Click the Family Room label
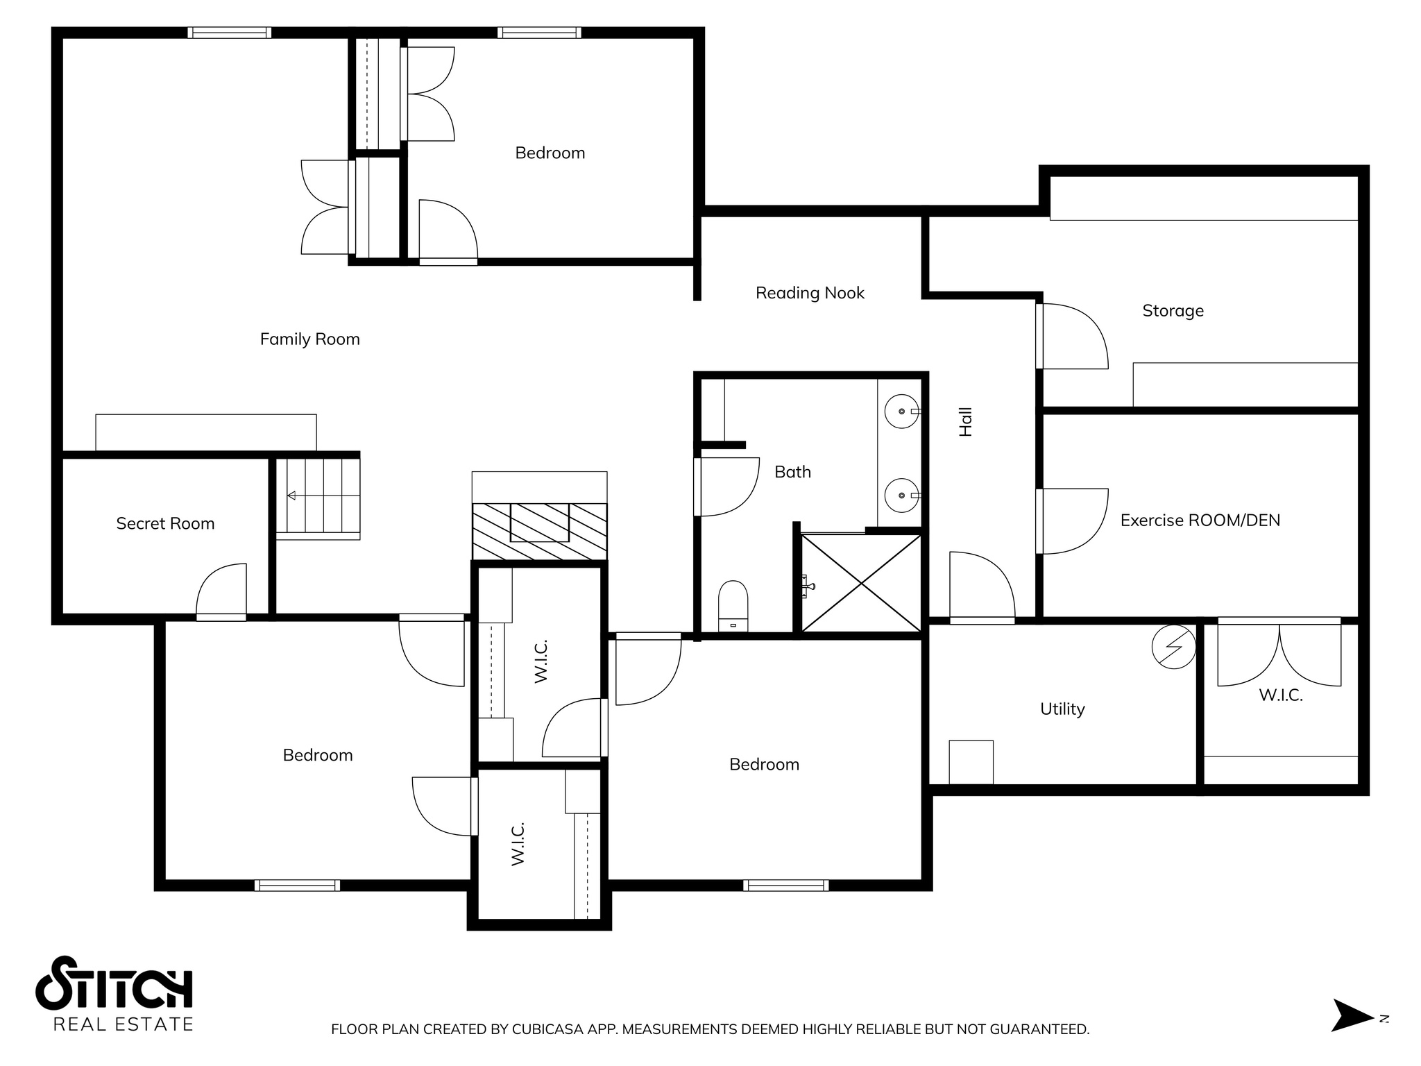click(x=309, y=339)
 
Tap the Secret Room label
click(x=165, y=524)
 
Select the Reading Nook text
click(x=810, y=294)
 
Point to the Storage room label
click(x=1173, y=311)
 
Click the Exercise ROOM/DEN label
click(x=1200, y=521)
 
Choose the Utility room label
click(x=1062, y=709)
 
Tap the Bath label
click(x=792, y=473)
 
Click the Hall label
click(x=966, y=422)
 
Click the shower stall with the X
click(x=861, y=583)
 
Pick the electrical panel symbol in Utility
click(x=1174, y=648)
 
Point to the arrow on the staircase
click(x=292, y=496)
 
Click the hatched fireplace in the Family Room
click(x=539, y=531)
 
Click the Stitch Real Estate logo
click(x=114, y=993)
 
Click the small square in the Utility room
click(x=971, y=762)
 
